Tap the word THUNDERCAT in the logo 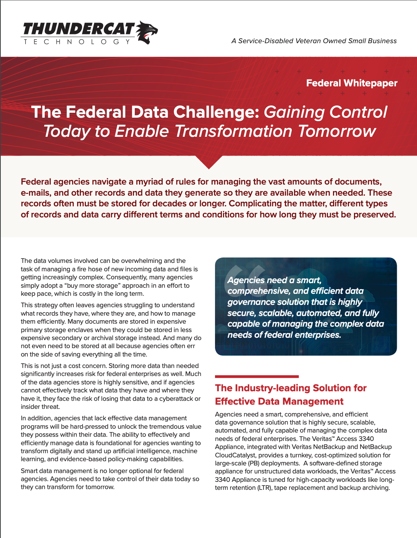(x=79, y=29)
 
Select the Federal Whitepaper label (x=352, y=83)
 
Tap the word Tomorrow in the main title (x=337, y=131)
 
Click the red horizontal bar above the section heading (x=257, y=376)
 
